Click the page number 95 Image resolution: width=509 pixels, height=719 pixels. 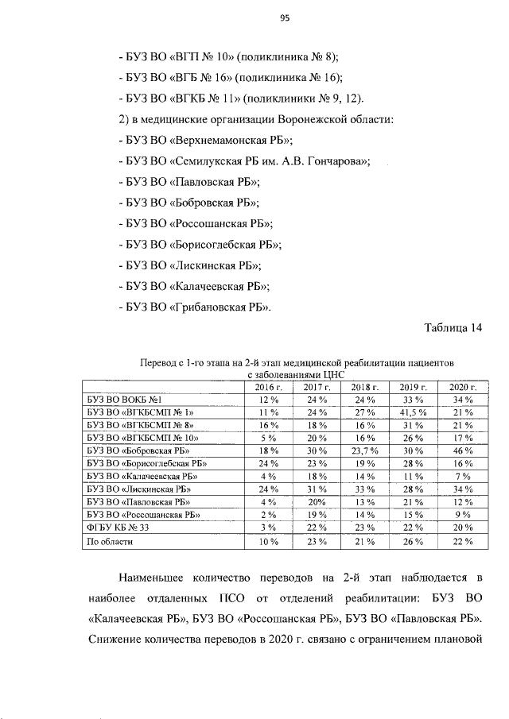click(x=284, y=21)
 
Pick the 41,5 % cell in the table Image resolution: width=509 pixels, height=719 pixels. click(x=414, y=413)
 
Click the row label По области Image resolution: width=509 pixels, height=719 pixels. click(x=109, y=542)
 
